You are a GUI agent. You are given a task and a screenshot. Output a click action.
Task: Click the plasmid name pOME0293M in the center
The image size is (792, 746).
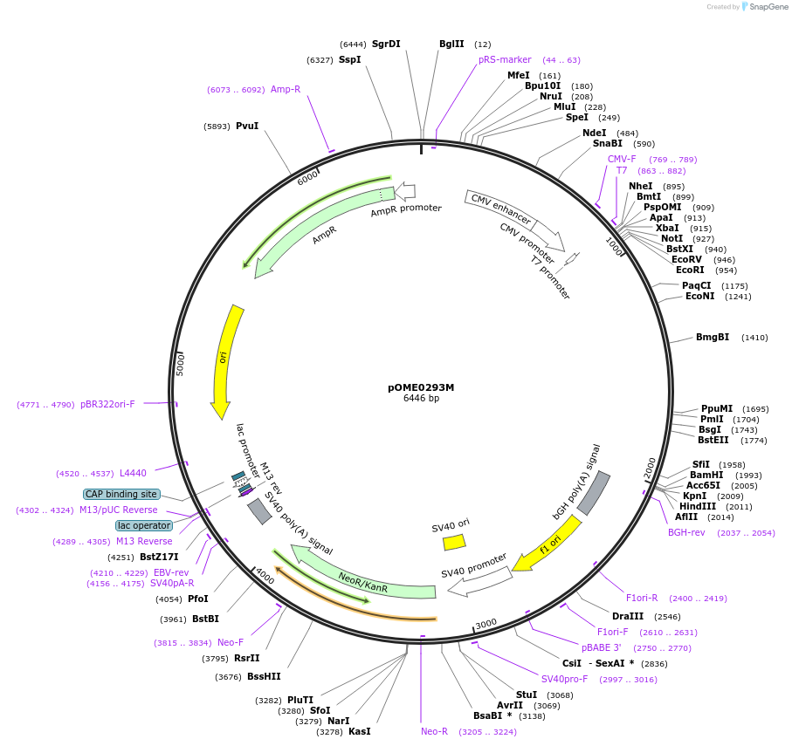[x=421, y=387]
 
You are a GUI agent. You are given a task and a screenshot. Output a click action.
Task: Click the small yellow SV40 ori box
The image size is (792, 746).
[x=454, y=543]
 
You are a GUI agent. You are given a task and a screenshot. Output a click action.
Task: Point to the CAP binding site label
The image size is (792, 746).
[x=122, y=494]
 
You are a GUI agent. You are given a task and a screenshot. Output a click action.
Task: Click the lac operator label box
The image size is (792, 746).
[x=143, y=525]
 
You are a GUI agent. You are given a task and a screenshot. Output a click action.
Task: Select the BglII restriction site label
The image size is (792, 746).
[x=451, y=44]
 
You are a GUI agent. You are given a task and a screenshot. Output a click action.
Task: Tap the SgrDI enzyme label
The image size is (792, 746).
[x=386, y=44]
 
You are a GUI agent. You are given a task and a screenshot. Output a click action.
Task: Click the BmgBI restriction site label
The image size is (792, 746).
[x=713, y=337]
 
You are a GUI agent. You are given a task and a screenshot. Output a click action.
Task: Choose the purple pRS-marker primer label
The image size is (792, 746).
[x=505, y=60]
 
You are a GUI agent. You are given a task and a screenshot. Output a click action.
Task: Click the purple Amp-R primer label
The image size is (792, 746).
[x=286, y=89]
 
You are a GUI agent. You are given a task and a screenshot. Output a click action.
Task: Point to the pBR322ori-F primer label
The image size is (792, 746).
[x=107, y=404]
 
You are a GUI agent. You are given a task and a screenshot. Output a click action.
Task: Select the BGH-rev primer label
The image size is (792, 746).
[x=686, y=532]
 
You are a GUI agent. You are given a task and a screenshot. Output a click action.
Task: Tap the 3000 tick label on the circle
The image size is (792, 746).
[x=486, y=623]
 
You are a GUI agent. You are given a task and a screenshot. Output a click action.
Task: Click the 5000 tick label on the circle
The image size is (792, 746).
[x=181, y=364]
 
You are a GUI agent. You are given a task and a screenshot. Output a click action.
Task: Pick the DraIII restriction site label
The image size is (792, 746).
[x=628, y=616]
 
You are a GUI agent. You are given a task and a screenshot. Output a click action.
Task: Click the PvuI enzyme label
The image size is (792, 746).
[x=247, y=126]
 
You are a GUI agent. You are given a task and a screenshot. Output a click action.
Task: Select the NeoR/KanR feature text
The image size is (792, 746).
[x=363, y=583]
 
